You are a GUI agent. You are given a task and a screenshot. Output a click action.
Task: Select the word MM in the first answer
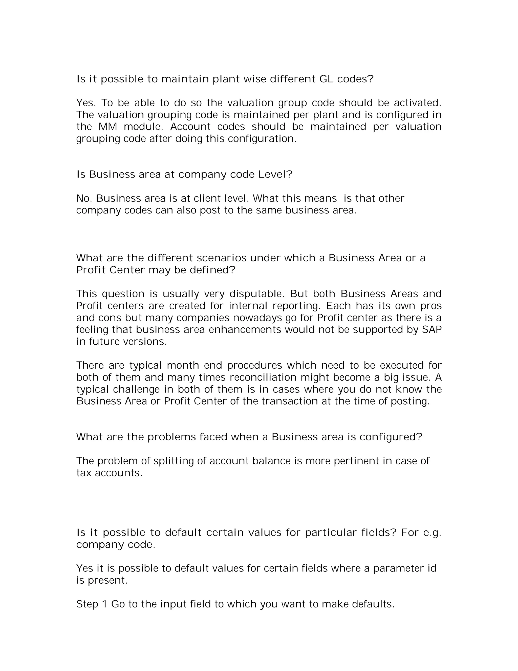point(108,127)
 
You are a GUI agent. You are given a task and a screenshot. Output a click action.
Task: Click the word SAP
point(431,330)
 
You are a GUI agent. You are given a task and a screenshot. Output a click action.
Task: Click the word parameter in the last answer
point(397,568)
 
